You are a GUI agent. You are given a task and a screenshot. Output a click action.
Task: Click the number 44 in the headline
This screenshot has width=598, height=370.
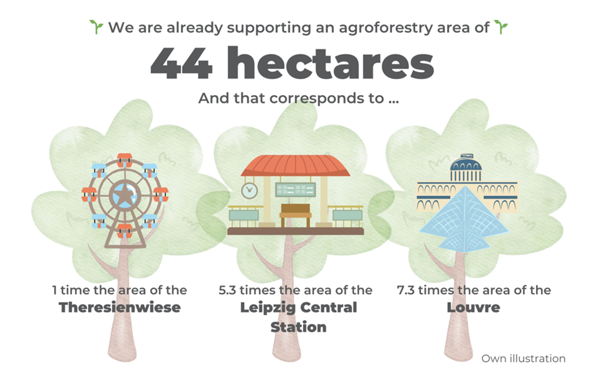181,63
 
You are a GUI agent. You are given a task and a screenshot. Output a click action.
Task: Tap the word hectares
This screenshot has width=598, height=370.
330,62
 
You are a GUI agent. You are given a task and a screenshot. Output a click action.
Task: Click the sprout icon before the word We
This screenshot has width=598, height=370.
96,27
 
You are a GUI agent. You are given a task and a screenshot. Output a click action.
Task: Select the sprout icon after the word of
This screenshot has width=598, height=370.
501,27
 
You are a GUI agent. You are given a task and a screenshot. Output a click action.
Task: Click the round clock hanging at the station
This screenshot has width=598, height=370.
249,190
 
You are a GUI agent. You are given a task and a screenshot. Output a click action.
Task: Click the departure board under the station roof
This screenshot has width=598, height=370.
296,190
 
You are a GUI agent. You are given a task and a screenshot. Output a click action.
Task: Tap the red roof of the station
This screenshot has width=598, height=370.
295,166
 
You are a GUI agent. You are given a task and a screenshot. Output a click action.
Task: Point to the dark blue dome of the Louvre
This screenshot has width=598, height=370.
466,165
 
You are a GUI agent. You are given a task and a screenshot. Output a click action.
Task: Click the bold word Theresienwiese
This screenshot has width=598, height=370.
120,307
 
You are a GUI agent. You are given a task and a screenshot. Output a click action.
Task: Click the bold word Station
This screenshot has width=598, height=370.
298,327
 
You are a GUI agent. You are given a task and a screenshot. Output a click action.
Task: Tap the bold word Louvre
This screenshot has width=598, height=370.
473,307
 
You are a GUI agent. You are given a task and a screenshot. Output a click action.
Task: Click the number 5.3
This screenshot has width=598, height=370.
227,290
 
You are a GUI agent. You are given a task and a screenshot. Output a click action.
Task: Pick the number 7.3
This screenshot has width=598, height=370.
406,290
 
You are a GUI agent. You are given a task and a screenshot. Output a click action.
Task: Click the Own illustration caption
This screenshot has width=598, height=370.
523,359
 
